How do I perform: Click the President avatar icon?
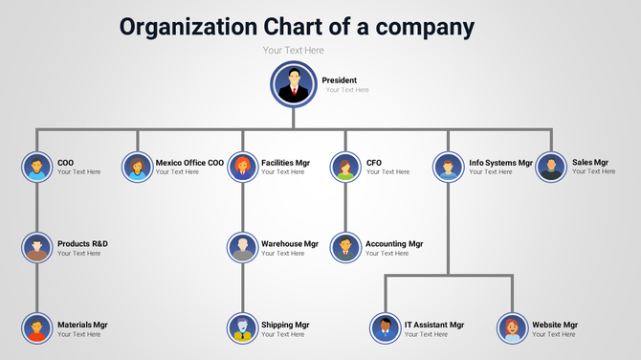tap(294, 83)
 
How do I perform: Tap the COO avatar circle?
tap(36, 167)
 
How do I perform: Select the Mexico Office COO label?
tap(189, 163)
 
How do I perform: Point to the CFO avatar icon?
tap(345, 167)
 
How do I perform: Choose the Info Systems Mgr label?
tap(500, 163)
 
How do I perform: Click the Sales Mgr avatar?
tap(550, 167)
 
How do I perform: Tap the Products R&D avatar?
tap(36, 248)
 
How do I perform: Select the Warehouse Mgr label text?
tap(289, 244)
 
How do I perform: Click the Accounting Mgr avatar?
tap(345, 248)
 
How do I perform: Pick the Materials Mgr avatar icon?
tap(36, 328)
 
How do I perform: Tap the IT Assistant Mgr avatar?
tap(385, 328)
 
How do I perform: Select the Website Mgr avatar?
tap(513, 328)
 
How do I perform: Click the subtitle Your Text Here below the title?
tap(294, 50)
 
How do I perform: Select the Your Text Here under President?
tap(346, 90)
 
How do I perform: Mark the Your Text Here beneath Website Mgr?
tap(554, 334)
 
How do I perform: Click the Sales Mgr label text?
tap(590, 163)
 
